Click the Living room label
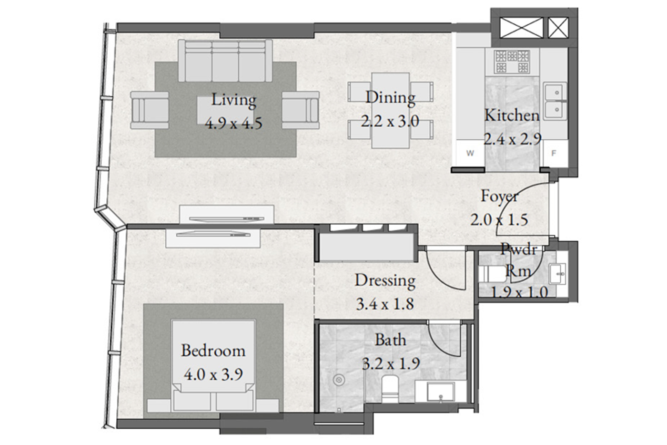pos(234,100)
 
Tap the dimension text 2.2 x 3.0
pos(390,121)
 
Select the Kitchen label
pos(512,115)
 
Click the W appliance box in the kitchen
pos(470,153)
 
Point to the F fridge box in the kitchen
pos(554,153)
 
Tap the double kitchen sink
pos(556,101)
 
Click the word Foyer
pos(500,197)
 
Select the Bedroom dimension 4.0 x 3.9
pos(213,375)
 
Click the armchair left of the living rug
pos(150,110)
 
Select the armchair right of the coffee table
pos(301,110)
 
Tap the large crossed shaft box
pos(521,28)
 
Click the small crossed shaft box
pos(558,28)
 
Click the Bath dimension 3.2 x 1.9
pos(391,364)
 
